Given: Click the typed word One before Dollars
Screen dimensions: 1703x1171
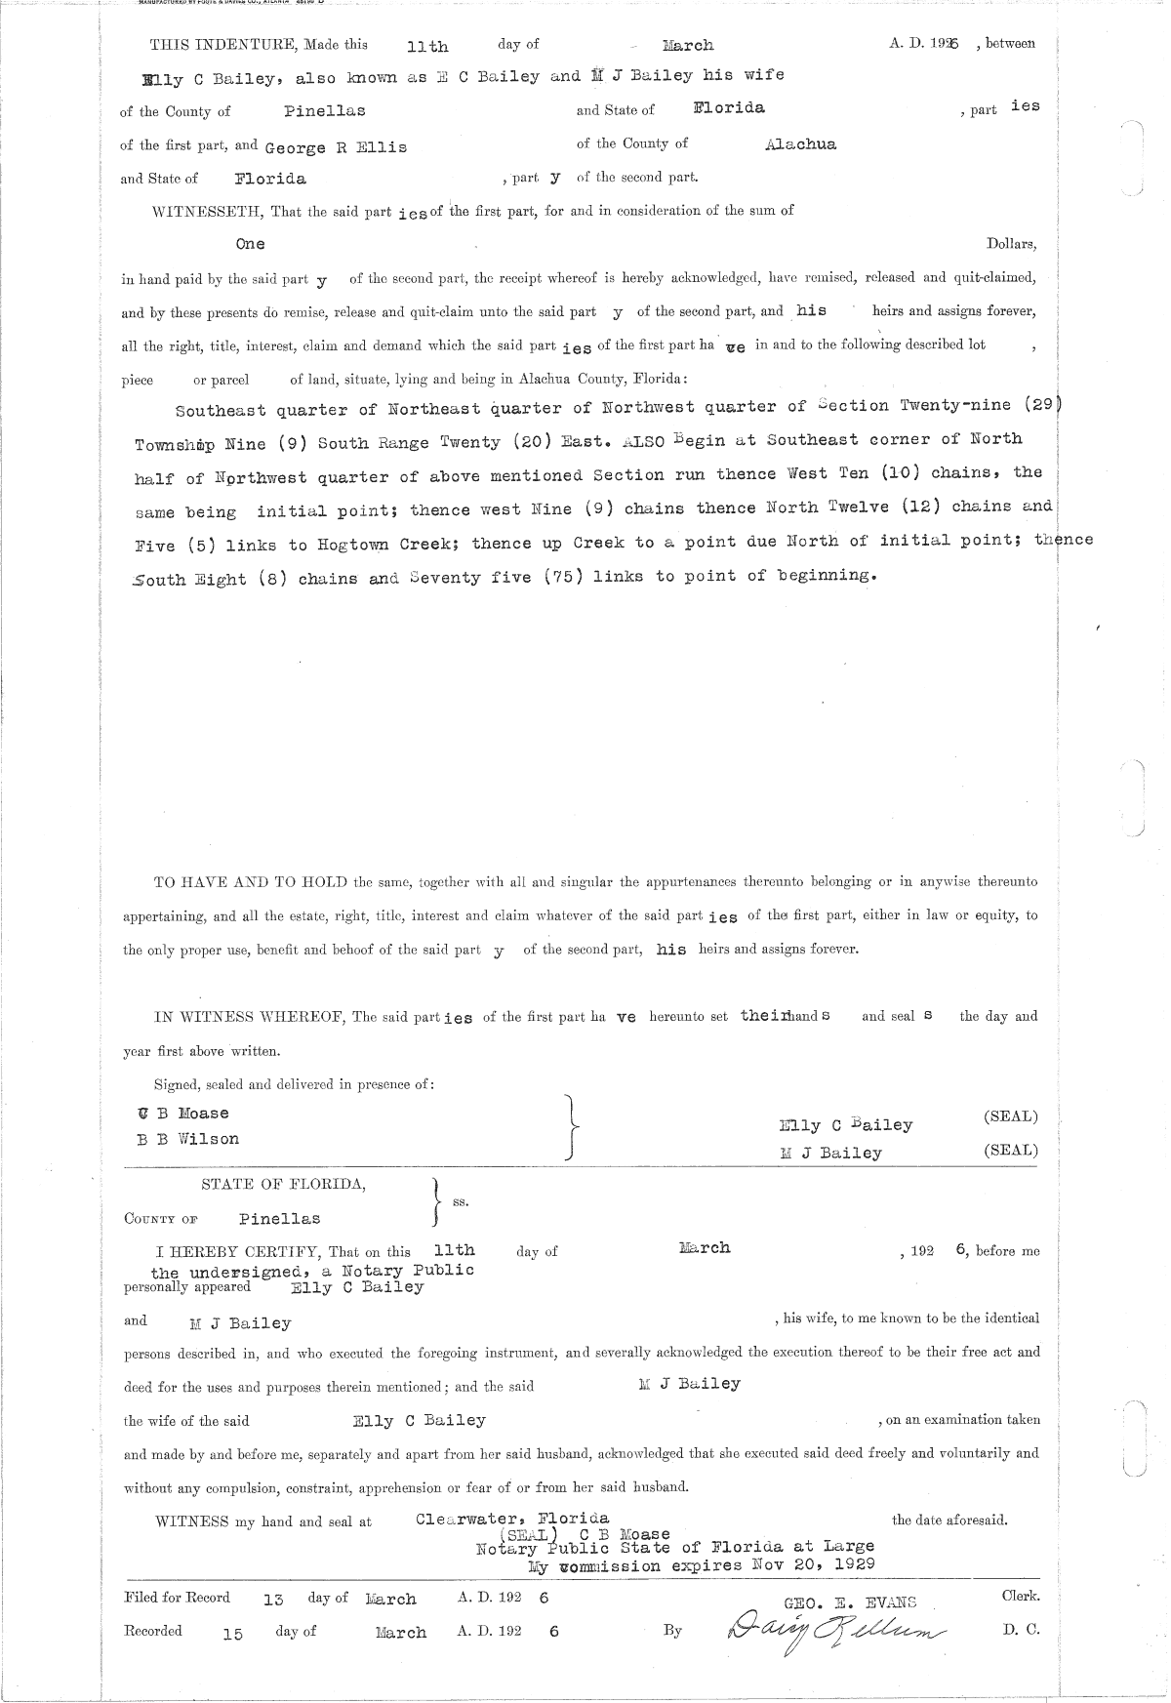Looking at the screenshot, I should click(250, 244).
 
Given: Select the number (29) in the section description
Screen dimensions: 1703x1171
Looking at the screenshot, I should click(1040, 406).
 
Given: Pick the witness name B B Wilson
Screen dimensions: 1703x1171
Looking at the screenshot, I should click(188, 1139).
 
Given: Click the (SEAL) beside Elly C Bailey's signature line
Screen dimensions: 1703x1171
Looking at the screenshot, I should click(1011, 1116).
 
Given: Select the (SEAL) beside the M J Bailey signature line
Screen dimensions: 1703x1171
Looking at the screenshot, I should click(1011, 1151).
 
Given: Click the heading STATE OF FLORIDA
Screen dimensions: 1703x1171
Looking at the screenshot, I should click(284, 1185).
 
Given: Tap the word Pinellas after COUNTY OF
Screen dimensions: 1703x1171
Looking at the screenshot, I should click(279, 1219).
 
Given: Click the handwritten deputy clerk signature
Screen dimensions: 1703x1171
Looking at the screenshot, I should click(835, 1632).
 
